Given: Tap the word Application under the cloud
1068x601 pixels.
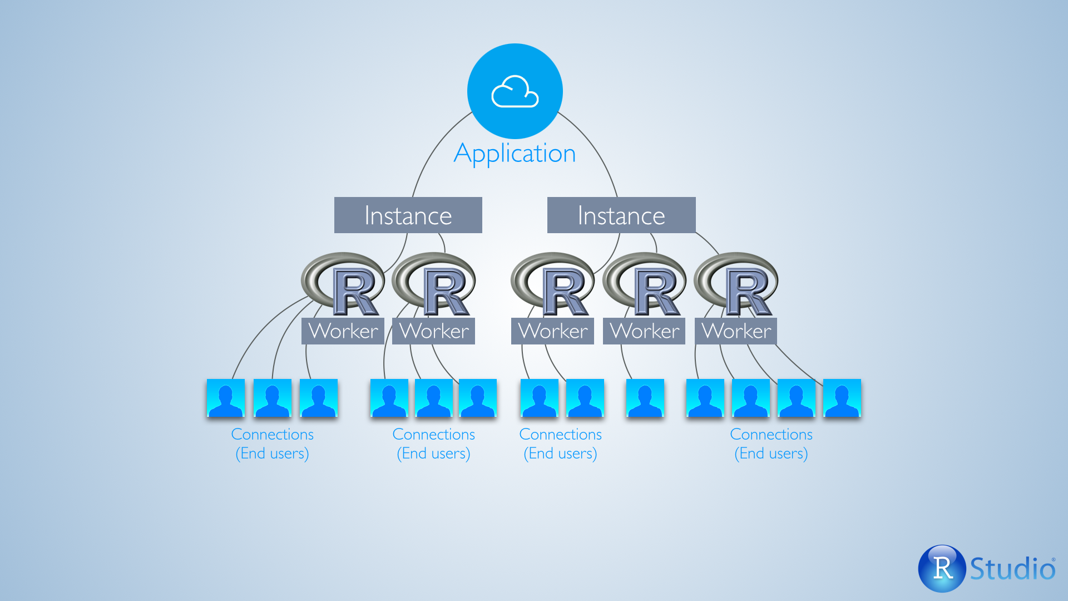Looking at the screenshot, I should pyautogui.click(x=515, y=154).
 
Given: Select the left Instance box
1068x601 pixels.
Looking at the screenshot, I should pyautogui.click(x=408, y=215).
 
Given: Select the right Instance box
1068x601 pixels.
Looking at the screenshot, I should pyautogui.click(x=621, y=215).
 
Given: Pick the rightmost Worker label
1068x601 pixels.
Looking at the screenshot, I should pyautogui.click(x=736, y=331).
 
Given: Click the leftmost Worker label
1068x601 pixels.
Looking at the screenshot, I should pyautogui.click(x=343, y=331).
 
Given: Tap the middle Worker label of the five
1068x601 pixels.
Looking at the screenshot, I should pyautogui.click(x=552, y=331).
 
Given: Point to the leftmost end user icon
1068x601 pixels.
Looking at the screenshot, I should pyautogui.click(x=225, y=398).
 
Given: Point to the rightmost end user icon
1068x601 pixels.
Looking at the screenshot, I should pyautogui.click(x=842, y=398).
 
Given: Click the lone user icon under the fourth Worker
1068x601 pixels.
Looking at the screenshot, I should pyautogui.click(x=645, y=398).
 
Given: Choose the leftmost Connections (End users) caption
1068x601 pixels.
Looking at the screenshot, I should pyautogui.click(x=272, y=444).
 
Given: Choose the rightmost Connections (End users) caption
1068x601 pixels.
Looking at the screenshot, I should pyautogui.click(x=771, y=444).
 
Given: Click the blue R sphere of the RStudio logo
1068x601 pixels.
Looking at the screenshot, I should pyautogui.click(x=942, y=568).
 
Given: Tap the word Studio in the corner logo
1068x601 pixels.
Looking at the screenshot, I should pyautogui.click(x=1012, y=569).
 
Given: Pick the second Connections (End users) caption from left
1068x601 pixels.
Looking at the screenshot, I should pyautogui.click(x=433, y=444).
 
